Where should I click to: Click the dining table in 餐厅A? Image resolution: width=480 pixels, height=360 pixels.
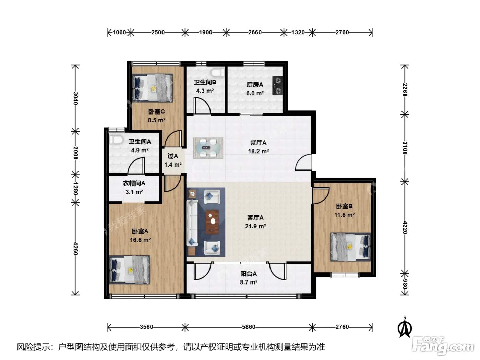208,148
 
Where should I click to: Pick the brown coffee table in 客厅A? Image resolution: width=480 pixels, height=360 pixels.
212,221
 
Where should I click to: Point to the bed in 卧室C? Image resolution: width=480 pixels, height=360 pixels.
153,88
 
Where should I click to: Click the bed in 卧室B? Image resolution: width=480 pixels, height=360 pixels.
350,247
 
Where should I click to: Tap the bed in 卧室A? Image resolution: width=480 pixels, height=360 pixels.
130,270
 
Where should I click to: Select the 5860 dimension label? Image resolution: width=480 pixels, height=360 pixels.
249,327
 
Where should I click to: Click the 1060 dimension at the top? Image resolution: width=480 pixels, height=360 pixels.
119,32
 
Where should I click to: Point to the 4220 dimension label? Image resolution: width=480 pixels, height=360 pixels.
405,228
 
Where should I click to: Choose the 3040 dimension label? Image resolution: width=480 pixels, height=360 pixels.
75,98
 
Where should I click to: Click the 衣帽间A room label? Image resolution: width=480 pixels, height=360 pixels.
134,183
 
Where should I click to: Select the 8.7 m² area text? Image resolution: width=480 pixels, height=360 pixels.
249,282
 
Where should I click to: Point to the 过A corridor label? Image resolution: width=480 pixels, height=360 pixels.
173,156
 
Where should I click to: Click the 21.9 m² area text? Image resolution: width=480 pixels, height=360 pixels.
255,226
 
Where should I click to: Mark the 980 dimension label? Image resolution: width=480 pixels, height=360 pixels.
405,284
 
